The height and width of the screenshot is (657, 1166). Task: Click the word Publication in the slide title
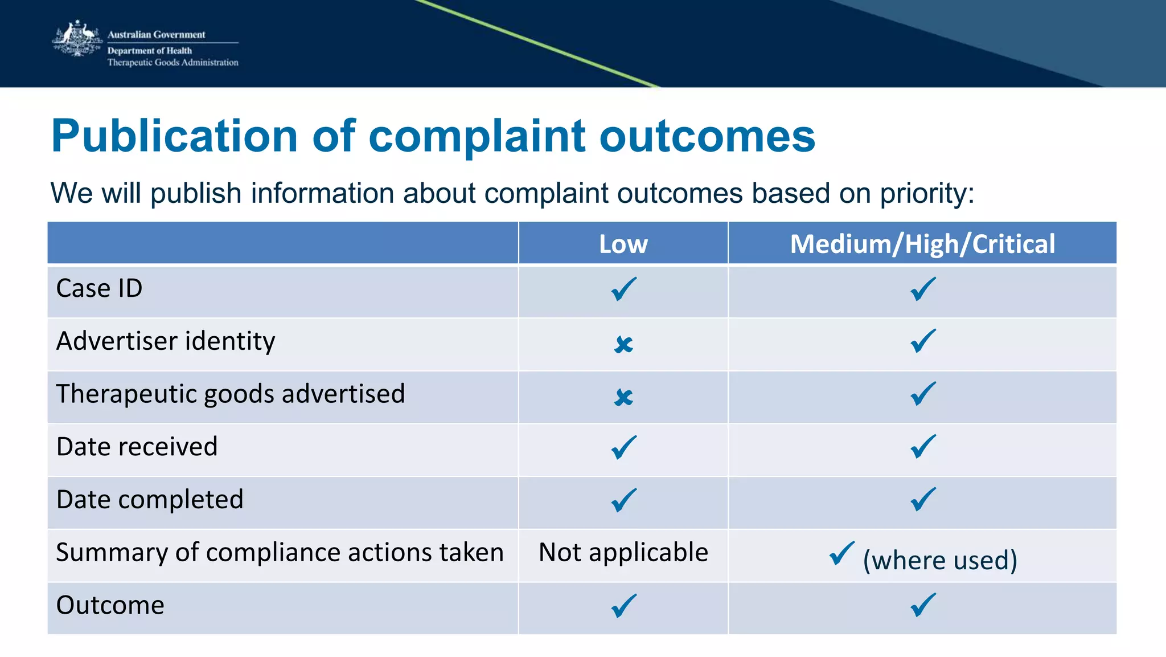coord(174,136)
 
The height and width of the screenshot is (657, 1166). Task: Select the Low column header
coord(623,244)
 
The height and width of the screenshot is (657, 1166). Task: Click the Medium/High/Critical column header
coord(922,244)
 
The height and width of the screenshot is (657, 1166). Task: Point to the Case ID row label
coord(99,288)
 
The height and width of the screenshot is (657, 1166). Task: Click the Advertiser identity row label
coord(166,341)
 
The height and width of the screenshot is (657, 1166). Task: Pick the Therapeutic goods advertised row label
coord(231,394)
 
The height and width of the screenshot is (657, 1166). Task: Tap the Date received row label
coord(137,447)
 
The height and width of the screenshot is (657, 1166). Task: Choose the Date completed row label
coord(150,500)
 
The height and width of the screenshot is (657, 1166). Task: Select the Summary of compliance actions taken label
coord(280,552)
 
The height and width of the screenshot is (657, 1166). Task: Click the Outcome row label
coord(110,605)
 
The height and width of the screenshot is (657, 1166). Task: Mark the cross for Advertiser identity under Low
coord(623,344)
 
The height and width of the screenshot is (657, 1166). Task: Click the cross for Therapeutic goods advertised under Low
coord(623,397)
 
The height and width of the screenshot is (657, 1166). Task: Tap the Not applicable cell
coord(623,552)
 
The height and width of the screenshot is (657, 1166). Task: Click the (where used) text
coord(940,560)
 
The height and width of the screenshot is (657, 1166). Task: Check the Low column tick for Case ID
coord(623,289)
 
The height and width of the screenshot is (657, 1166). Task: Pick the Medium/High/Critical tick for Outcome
coord(923,605)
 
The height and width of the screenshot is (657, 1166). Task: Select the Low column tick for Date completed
coord(623,500)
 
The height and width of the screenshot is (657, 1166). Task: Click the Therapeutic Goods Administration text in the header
coord(173,63)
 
